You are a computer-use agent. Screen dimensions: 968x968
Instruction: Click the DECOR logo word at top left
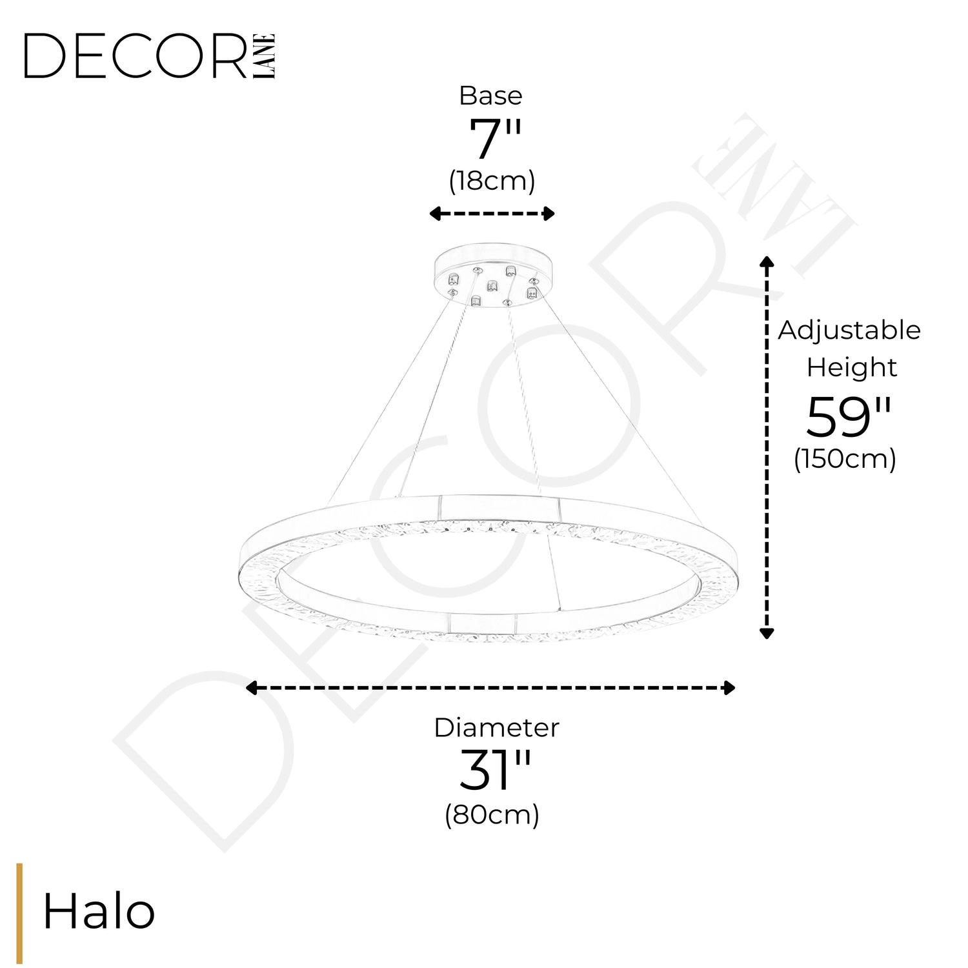pos(136,56)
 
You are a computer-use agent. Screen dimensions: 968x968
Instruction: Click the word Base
pos(490,96)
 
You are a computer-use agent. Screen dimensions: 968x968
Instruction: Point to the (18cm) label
pos(492,181)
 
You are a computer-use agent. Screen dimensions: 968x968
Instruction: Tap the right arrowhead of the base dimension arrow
pos(549,214)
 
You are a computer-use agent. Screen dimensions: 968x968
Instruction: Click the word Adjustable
pos(849,331)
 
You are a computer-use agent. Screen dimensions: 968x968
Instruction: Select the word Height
pos(851,368)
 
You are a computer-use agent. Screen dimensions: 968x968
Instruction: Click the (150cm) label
pos(845,459)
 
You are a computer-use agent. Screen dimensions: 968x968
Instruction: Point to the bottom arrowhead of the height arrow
pos(767,632)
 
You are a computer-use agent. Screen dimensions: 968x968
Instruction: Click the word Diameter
pos(496,727)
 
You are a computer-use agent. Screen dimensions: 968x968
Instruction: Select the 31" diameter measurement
pos(495,770)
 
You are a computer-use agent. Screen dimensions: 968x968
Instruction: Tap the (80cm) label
pos(492,815)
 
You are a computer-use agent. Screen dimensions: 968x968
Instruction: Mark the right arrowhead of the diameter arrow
pos(729,688)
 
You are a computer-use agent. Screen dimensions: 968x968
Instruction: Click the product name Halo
pos(99,912)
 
